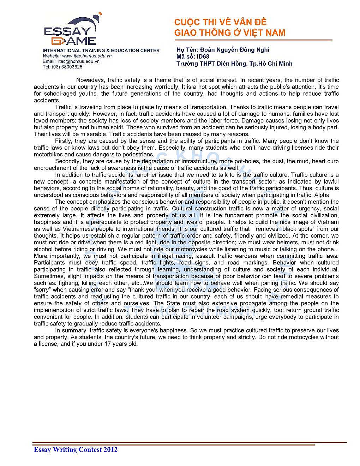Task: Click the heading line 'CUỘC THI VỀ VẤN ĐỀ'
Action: (220, 22)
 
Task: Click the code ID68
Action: (203, 56)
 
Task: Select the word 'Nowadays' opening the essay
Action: (91, 80)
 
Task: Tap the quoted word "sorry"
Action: (42, 290)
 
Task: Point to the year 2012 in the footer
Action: (110, 449)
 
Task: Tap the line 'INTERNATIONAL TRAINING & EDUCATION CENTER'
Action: (101, 50)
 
